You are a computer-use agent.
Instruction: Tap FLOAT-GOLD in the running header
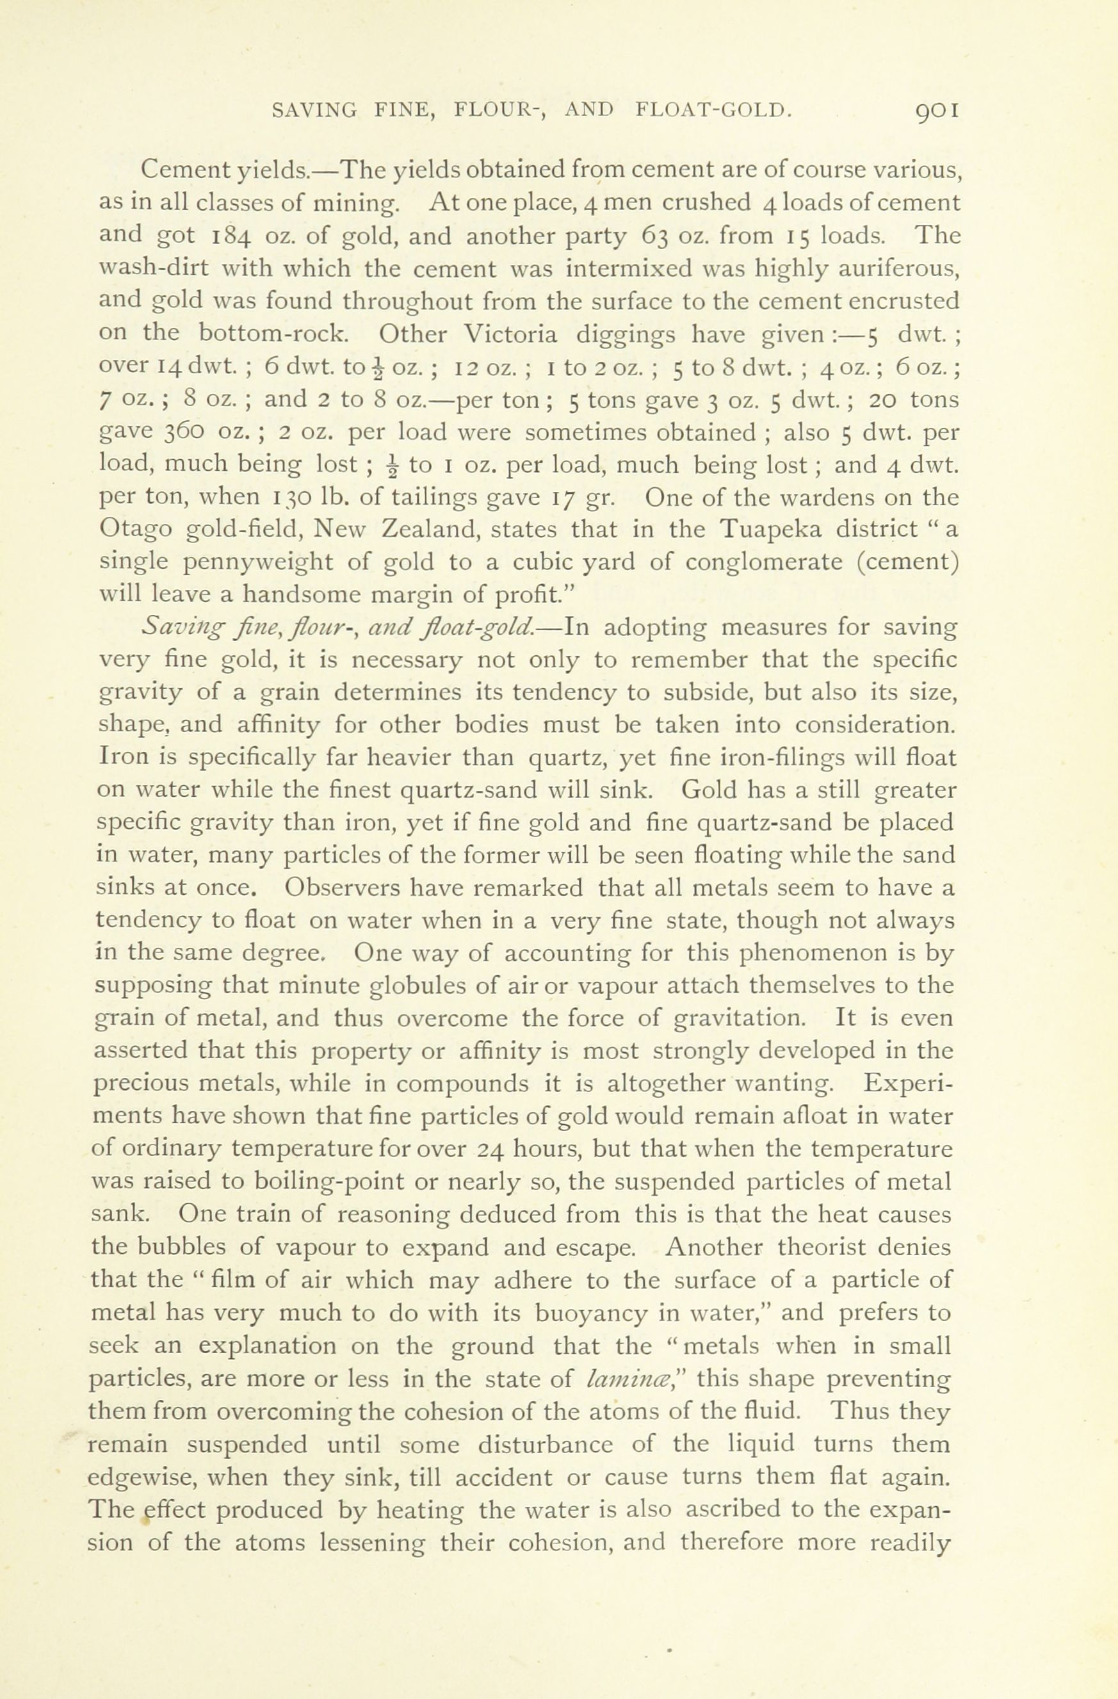tap(713, 111)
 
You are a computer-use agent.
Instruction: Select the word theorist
tap(827, 1247)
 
